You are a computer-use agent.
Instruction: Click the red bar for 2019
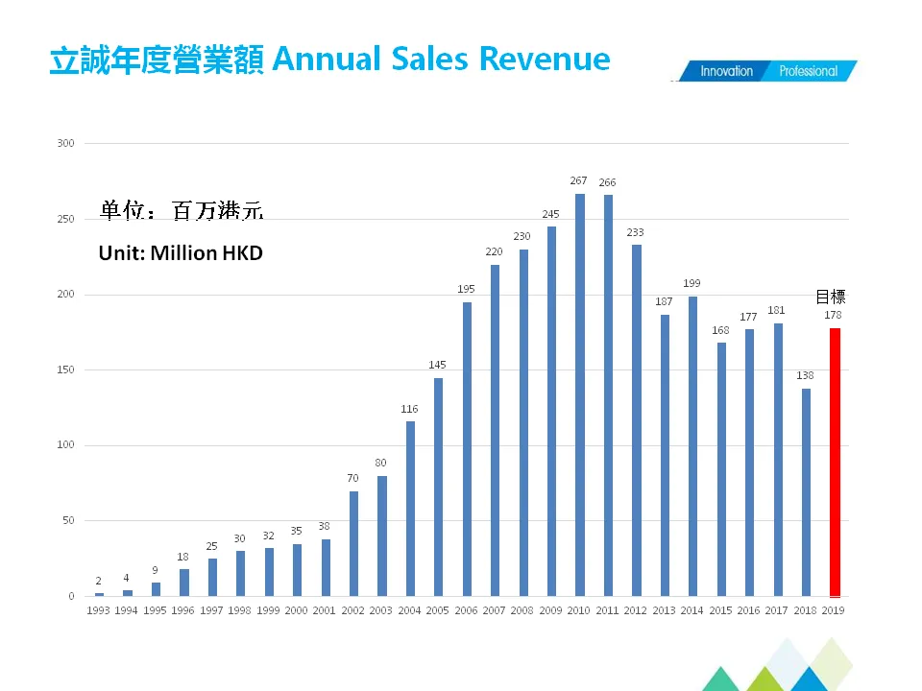836,463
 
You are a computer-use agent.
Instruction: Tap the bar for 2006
467,449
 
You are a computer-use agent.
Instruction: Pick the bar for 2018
807,492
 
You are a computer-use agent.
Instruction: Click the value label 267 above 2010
579,180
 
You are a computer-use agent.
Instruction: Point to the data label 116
410,409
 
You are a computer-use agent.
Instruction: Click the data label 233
636,232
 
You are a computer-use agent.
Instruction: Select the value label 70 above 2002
353,478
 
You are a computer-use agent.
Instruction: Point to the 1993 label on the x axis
99,610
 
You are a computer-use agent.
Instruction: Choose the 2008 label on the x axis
523,610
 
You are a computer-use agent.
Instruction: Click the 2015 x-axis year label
721,610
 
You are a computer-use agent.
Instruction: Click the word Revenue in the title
545,60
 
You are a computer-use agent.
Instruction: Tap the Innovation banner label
726,71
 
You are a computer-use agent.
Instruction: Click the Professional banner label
808,71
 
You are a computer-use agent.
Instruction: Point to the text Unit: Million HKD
181,254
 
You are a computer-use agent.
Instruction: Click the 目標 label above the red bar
831,297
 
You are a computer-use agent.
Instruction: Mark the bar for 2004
410,509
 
